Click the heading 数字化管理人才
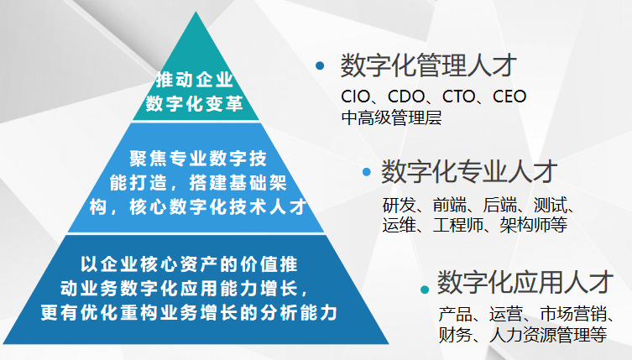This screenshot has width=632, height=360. (428, 65)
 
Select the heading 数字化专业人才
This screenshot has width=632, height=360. (469, 171)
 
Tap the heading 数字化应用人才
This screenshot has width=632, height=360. (525, 282)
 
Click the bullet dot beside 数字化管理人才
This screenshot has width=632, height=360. (320, 65)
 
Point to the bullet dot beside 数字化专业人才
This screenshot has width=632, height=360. (367, 172)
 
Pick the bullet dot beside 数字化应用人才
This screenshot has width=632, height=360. (425, 290)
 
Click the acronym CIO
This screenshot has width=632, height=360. (356, 97)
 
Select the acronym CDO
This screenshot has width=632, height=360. (406, 97)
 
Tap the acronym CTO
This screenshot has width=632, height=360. (459, 97)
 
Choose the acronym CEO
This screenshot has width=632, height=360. (509, 97)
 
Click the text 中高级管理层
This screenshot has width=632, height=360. (391, 117)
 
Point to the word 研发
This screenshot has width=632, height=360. (399, 205)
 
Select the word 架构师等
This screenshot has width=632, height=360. (533, 225)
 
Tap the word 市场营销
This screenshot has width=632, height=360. (573, 314)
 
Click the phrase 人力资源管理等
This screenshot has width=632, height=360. (548, 335)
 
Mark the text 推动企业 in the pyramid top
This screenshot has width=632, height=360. (195, 80)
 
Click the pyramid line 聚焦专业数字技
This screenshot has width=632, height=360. (198, 158)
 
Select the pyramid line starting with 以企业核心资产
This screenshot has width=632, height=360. (189, 264)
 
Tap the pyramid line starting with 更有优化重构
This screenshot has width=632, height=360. (189, 312)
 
